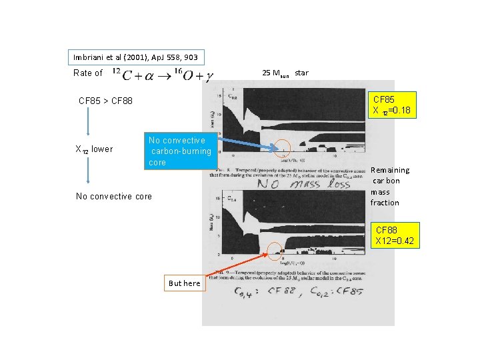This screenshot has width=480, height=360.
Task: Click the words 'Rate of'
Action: coord(88,73)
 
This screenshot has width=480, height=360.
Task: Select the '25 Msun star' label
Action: coord(285,72)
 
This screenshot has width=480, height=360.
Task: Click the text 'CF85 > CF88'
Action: coord(105,101)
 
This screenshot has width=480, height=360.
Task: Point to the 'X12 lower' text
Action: coord(93,149)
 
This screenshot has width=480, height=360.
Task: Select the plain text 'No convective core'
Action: coord(113,196)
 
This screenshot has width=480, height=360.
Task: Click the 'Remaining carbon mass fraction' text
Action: coord(390,186)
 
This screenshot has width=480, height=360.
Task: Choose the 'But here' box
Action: coord(184,283)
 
